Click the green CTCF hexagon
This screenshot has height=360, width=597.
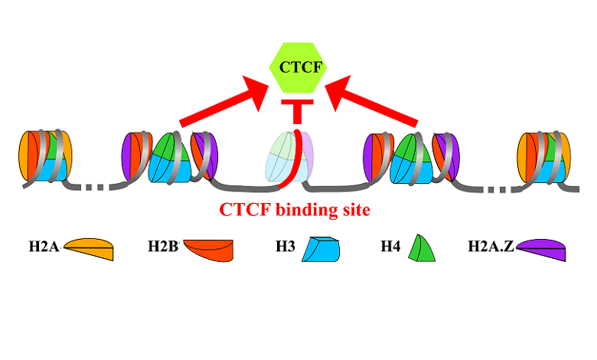pos(298,67)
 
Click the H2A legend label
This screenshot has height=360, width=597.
pos(44,247)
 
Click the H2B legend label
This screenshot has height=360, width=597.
pos(162,247)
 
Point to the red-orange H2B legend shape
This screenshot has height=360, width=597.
pos(208,250)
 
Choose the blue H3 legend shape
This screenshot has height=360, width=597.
pos(321,249)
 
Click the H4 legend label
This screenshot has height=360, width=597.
pos(390,247)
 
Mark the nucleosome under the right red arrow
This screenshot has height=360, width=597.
pos(414,156)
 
